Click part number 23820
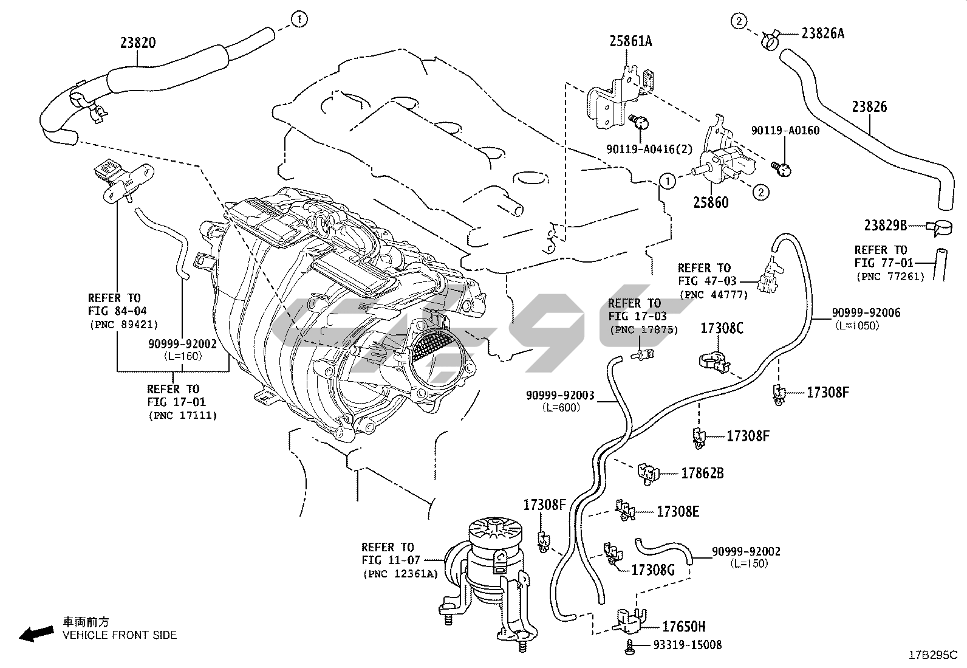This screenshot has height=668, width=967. pyautogui.click(x=137, y=43)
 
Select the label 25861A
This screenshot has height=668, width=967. pyautogui.click(x=630, y=41)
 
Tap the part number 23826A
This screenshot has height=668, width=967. pyautogui.click(x=822, y=33)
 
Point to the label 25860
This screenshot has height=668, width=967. pyautogui.click(x=711, y=202)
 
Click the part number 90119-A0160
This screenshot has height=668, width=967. pyautogui.click(x=785, y=131)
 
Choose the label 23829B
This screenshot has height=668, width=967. pyautogui.click(x=886, y=226)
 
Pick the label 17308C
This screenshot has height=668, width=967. pyautogui.click(x=722, y=328)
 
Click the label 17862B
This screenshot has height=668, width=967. pyautogui.click(x=702, y=473)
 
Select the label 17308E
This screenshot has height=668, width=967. pyautogui.click(x=677, y=512)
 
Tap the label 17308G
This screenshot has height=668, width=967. pyautogui.click(x=653, y=570)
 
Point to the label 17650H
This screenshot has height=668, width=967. pyautogui.click(x=683, y=627)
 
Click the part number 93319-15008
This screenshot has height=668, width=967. pyautogui.click(x=688, y=645)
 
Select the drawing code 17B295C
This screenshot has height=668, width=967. pyautogui.click(x=932, y=655)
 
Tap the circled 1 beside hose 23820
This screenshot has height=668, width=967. pyautogui.click(x=298, y=19)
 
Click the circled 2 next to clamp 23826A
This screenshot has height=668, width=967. pyautogui.click(x=738, y=22)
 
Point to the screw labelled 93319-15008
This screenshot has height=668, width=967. pyautogui.click(x=630, y=647)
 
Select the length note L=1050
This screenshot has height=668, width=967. pyautogui.click(x=856, y=325)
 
